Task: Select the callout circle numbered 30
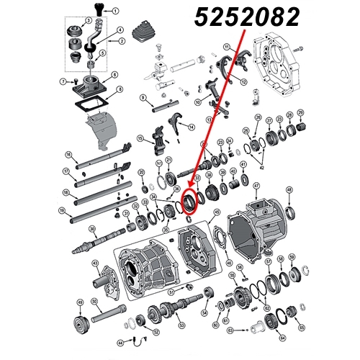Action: (x=91, y=230)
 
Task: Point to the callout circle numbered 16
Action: (x=67, y=155)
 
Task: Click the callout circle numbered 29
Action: (x=300, y=113)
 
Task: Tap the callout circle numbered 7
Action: (x=63, y=82)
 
